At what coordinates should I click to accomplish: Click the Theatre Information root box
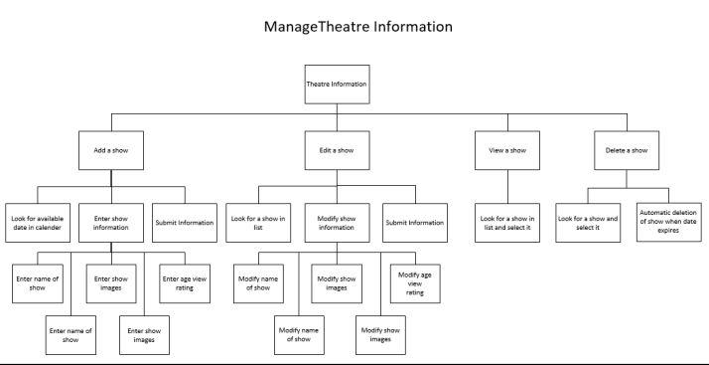coord(336,85)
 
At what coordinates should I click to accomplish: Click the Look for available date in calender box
coord(39,223)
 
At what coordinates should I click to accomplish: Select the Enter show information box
coord(111,223)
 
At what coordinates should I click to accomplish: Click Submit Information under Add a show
coord(184,223)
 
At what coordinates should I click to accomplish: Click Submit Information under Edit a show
coord(414,223)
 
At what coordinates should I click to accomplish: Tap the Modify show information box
coord(336,223)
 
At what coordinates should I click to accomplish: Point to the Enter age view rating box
coord(184,281)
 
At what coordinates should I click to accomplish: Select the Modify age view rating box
coord(414,281)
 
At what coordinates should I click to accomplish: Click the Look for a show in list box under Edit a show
coord(258,223)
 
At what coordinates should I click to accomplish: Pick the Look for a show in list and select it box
coord(506,223)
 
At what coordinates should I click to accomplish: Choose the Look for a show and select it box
coord(586,223)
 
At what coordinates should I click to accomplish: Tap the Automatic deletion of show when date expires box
coord(667,223)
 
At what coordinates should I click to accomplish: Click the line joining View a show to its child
coord(506,185)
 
